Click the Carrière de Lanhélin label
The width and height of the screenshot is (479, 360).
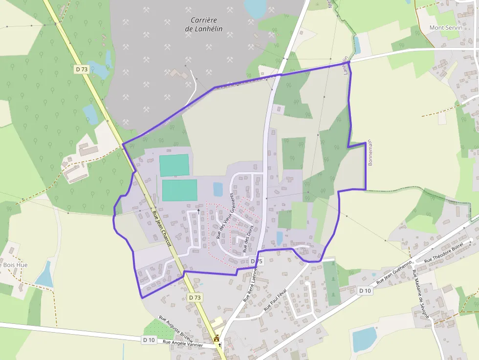point(204,24)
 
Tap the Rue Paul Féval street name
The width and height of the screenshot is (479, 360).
point(275,299)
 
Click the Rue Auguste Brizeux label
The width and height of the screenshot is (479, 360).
point(176,329)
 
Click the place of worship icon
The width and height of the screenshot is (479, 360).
point(217,338)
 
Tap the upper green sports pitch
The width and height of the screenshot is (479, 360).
point(174,165)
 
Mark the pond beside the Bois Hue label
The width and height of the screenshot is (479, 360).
point(45,275)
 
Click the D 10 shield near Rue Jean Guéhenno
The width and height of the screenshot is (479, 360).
point(365,291)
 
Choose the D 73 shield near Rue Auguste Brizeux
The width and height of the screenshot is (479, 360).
point(195,297)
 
